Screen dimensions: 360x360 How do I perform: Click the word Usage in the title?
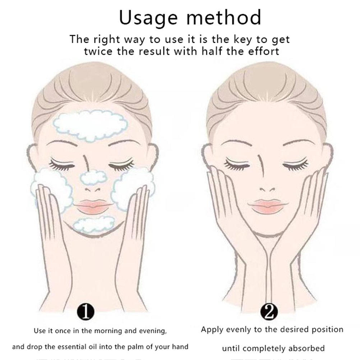[148, 18]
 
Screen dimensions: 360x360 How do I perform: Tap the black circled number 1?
[86, 312]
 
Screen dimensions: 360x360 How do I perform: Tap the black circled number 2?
[269, 312]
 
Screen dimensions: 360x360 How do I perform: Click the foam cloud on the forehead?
[90, 125]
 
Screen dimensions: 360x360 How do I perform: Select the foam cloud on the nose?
[94, 177]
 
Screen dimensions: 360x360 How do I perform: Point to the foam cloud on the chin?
[94, 224]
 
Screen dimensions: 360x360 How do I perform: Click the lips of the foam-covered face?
[93, 206]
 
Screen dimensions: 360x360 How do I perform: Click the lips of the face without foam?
[268, 206]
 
